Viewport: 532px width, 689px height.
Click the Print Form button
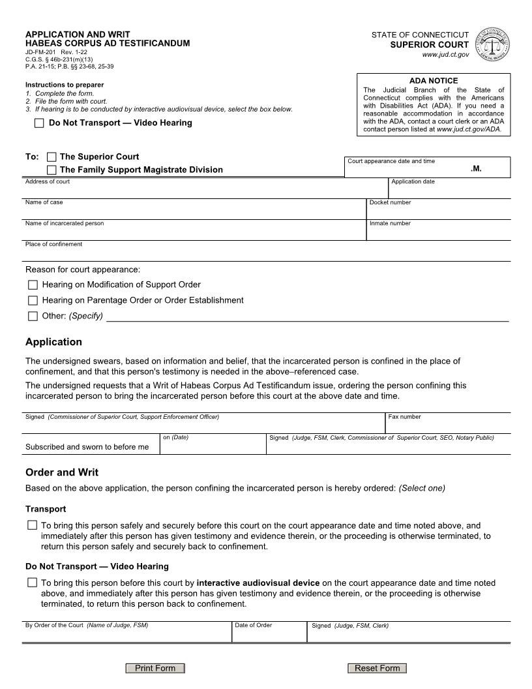point(155,668)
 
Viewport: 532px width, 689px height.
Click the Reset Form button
point(377,668)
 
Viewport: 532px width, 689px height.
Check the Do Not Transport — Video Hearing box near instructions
point(39,123)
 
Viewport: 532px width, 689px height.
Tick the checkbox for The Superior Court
point(52,157)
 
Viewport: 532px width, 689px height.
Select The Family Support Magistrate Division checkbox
point(52,170)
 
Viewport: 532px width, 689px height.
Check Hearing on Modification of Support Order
point(33,285)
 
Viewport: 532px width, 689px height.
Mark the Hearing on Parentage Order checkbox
point(33,301)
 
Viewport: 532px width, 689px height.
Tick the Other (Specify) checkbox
point(33,316)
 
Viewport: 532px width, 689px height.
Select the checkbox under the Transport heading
point(33,525)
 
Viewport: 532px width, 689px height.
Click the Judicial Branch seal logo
point(494,44)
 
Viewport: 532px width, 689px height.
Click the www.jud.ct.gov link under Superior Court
point(445,55)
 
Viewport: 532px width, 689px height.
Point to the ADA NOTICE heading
point(434,81)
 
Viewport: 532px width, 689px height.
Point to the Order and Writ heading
point(62,472)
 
